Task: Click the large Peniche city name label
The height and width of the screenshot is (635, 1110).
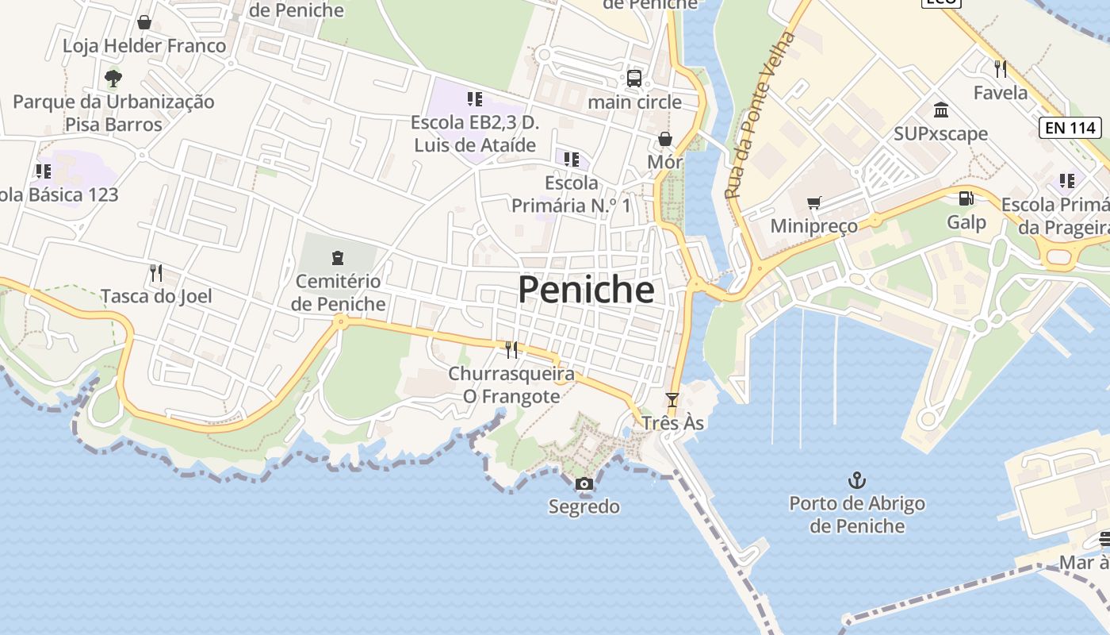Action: point(586,290)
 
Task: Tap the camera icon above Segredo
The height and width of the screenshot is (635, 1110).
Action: point(584,483)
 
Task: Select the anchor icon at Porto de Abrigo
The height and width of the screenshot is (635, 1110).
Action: point(856,479)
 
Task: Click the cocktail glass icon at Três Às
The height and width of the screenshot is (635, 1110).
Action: point(672,400)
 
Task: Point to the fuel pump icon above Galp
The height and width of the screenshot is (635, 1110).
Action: point(966,198)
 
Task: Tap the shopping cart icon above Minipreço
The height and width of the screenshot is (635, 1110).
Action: point(813,203)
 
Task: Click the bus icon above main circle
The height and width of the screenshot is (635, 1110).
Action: point(634,78)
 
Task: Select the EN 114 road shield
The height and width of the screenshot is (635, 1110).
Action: point(1070,127)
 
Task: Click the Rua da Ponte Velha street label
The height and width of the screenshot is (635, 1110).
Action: point(759,115)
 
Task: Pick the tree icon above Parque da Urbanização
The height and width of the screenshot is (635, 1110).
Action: point(113,78)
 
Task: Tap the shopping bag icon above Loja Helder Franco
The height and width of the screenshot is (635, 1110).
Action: point(144,22)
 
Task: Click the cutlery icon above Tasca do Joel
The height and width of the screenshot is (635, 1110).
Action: point(156,273)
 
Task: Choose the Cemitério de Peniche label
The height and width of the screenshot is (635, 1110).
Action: point(338,292)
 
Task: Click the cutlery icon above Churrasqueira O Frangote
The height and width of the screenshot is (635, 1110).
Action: point(511,349)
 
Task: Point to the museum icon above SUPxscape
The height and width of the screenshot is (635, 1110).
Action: point(941,110)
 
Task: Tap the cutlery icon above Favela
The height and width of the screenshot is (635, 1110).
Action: point(1001,69)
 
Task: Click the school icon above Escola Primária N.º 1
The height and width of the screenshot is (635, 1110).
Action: point(572,160)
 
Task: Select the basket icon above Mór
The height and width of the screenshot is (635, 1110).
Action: point(664,140)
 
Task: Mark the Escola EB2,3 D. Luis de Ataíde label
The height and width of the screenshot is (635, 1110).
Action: point(475,134)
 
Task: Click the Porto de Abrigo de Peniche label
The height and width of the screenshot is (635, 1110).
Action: point(856,514)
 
